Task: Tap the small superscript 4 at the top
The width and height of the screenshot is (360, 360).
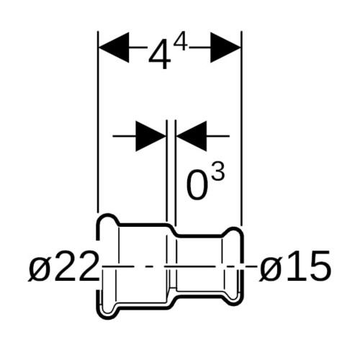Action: click(180, 42)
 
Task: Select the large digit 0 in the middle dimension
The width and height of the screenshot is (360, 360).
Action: click(197, 185)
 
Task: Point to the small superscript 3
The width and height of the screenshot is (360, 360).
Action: click(218, 170)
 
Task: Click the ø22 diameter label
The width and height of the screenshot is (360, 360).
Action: click(63, 266)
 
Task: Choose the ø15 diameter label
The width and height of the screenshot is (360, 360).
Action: click(294, 266)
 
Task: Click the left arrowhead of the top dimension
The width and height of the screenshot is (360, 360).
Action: click(114, 48)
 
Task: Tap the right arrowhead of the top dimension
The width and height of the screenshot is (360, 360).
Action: click(225, 48)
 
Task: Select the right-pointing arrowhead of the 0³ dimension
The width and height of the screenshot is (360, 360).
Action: click(150, 136)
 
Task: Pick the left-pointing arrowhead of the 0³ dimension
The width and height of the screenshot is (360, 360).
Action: click(192, 136)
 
